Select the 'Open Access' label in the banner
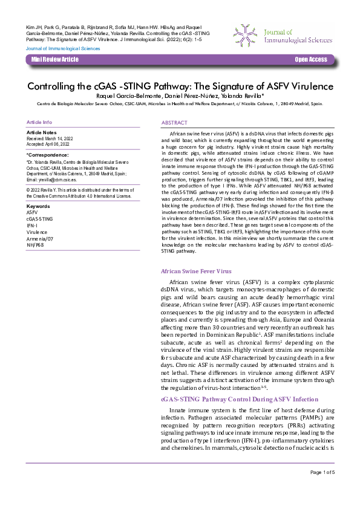[310, 60]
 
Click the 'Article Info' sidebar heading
[39, 122]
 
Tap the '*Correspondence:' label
[46, 155]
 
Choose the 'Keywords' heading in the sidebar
[39, 207]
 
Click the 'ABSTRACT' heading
[175, 123]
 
